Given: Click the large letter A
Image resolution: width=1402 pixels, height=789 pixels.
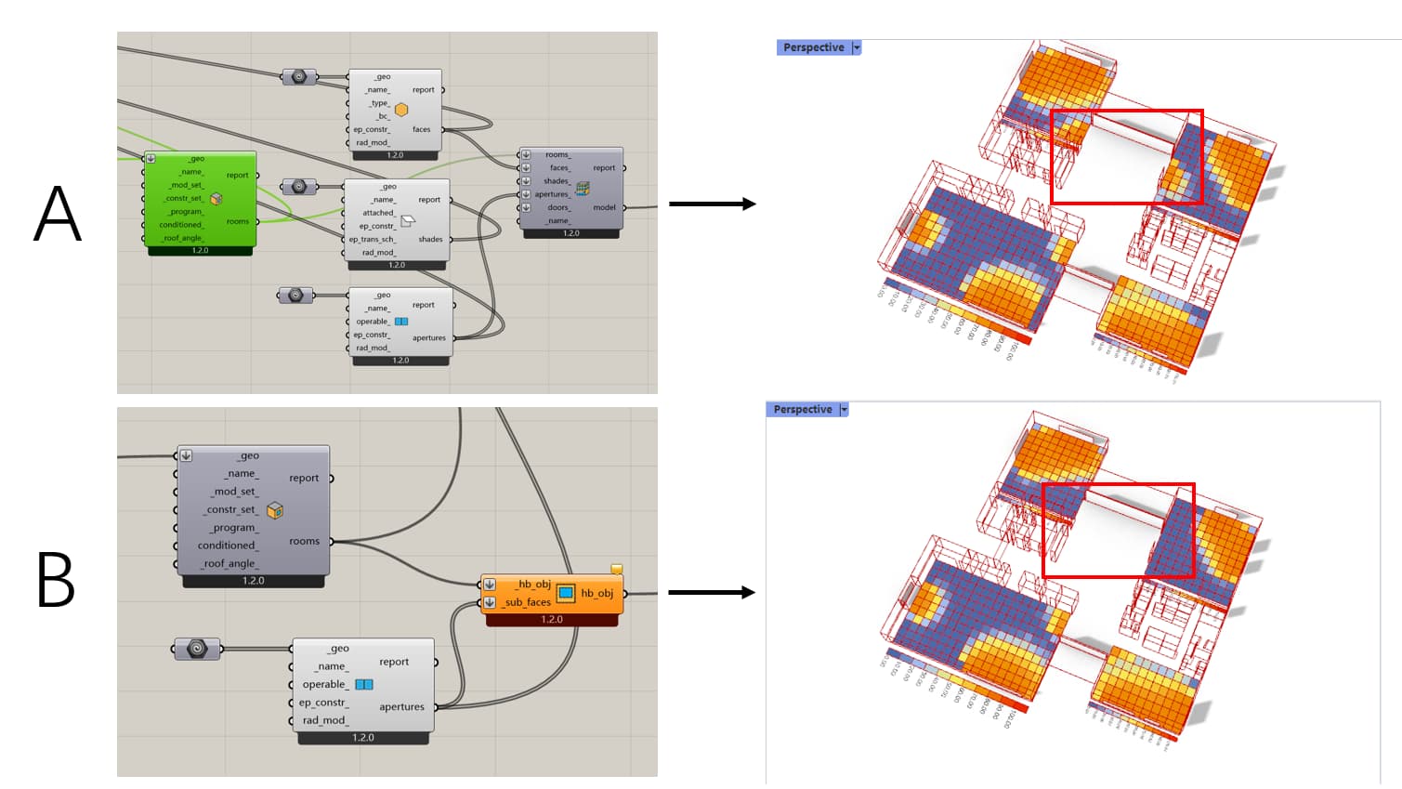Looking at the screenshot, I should [x=58, y=213].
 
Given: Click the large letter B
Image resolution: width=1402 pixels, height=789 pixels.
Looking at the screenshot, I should [x=56, y=580].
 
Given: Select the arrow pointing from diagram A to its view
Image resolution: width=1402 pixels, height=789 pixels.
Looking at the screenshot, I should [x=712, y=204].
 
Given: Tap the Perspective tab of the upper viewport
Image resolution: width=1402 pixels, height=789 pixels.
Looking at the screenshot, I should [x=813, y=47].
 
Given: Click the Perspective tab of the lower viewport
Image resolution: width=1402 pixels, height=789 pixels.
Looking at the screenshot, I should [x=803, y=410].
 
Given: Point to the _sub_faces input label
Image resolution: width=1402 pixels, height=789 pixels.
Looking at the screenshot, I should [x=527, y=602].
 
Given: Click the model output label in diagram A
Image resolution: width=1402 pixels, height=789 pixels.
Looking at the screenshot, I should [x=604, y=207].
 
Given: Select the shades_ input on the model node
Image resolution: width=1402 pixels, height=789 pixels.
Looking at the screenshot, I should [x=557, y=181].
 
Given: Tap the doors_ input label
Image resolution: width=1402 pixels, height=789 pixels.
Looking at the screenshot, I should [x=558, y=207].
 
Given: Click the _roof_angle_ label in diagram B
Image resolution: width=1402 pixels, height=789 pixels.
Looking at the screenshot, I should [x=229, y=563].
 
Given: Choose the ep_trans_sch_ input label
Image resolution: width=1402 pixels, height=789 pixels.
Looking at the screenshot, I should [x=372, y=239].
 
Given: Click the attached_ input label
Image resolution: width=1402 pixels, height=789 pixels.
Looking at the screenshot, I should [x=378, y=213].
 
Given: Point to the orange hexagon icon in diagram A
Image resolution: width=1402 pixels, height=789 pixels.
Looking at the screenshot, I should [x=401, y=110].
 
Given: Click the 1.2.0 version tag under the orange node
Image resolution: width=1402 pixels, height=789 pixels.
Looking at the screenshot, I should [x=552, y=620].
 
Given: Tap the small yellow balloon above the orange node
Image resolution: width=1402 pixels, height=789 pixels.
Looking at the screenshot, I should [x=616, y=569].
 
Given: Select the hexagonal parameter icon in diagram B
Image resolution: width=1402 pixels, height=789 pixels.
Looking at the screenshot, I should [x=197, y=649].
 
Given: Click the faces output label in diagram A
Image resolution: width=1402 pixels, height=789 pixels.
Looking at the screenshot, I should [x=421, y=129].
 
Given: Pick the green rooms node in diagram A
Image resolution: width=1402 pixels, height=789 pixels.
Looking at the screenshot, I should [x=200, y=199].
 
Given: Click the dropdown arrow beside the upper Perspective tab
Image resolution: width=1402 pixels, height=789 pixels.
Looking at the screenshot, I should [x=857, y=47].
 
